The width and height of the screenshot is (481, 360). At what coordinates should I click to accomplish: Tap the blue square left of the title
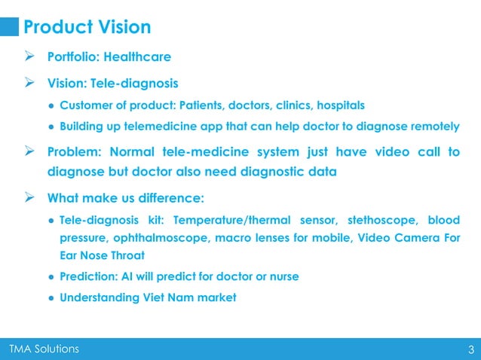[x=9, y=27]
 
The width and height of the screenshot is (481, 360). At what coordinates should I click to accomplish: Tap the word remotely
[x=431, y=126]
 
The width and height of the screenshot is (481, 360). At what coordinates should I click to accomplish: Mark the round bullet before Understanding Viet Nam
[x=50, y=297]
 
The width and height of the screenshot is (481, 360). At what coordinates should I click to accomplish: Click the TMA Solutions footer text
[x=43, y=348]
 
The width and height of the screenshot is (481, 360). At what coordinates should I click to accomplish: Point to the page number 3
[x=470, y=349]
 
